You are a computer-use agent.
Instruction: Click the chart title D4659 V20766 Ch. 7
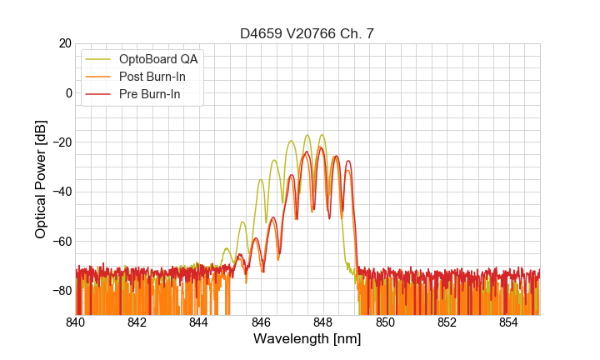tap(307, 34)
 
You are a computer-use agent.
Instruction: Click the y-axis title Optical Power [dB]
tap(41, 179)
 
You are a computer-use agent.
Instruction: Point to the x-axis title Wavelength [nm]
tap(307, 339)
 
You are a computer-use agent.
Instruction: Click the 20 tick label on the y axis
tap(64, 43)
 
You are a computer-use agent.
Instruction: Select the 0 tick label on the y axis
tap(68, 92)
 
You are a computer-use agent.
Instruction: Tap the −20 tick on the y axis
tap(60, 142)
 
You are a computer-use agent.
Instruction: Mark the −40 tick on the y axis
tap(60, 192)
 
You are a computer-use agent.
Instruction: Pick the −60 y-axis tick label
tap(60, 242)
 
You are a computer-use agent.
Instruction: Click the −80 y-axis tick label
tap(60, 291)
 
